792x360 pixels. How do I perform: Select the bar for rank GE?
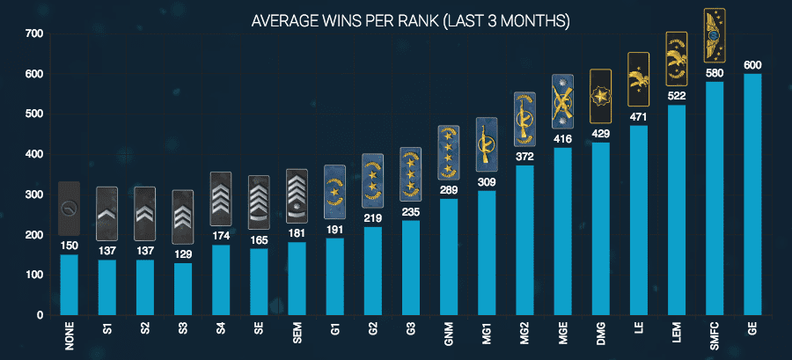coord(752,194)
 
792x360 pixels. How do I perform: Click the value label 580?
coord(715,71)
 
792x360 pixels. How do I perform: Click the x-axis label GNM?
coord(449,336)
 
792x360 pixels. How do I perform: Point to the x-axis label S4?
coord(221,333)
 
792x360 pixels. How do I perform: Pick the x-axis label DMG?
coord(601,336)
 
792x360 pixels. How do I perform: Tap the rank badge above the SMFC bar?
coord(715,35)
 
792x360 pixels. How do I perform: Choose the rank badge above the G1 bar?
coord(334,191)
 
